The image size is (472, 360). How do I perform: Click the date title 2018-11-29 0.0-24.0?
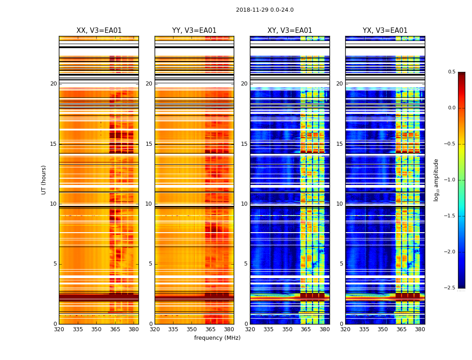pos(265,10)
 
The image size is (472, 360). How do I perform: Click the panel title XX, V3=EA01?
pos(99,31)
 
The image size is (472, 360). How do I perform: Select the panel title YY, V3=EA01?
pos(194,31)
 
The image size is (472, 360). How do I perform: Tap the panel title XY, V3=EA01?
pos(289,31)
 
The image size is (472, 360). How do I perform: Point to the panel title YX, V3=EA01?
pos(385,31)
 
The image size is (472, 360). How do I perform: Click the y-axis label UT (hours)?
pos(44,180)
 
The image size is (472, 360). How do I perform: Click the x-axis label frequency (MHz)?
pos(217,338)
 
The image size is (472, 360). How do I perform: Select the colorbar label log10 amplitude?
pos(436,180)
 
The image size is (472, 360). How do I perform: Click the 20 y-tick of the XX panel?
pos(53,84)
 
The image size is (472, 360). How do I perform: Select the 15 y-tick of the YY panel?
pos(149,144)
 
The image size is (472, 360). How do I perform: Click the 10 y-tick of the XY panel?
pos(244,204)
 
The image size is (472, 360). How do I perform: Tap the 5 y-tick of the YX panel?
pos(341,264)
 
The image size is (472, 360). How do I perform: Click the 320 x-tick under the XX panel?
pos(59,329)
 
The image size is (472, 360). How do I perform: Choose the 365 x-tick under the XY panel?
pos(306,329)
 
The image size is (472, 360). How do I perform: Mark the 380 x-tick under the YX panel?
pos(420,329)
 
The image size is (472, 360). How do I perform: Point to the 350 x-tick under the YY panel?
pos(192,329)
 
